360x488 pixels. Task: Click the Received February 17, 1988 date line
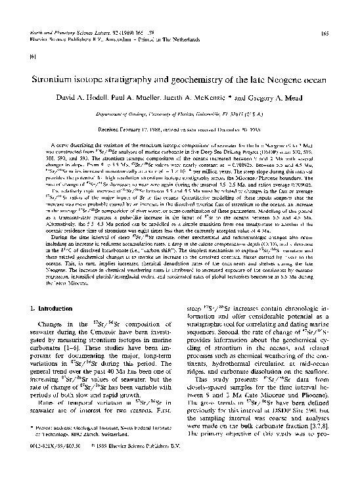click(129, 129)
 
